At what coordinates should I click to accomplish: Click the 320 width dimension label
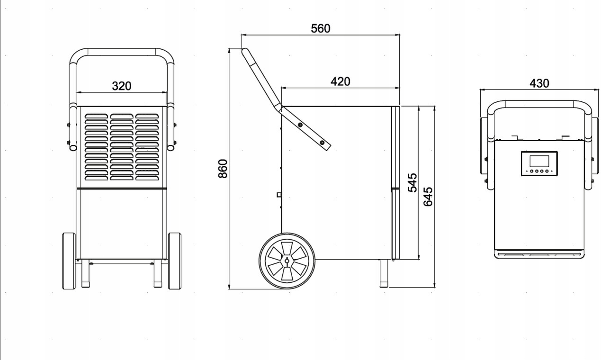click(x=121, y=86)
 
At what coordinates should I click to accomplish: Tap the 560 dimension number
click(x=320, y=28)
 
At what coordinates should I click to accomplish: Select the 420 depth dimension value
click(x=340, y=81)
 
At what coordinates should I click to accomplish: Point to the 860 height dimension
click(x=223, y=169)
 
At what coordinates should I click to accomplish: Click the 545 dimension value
click(x=413, y=182)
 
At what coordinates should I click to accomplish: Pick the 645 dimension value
click(x=428, y=196)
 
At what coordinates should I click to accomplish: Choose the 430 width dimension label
click(x=539, y=83)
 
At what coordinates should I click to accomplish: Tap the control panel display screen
click(x=539, y=161)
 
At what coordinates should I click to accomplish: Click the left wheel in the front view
click(x=69, y=261)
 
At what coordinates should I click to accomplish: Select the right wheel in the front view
click(x=174, y=261)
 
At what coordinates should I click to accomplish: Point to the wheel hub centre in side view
click(x=286, y=261)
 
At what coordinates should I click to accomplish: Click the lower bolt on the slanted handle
click(x=322, y=143)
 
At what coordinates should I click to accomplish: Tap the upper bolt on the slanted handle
click(x=300, y=125)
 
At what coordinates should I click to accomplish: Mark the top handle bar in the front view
click(x=122, y=52)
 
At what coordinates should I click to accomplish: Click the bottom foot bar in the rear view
click(x=539, y=255)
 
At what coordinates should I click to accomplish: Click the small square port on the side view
click(x=279, y=194)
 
